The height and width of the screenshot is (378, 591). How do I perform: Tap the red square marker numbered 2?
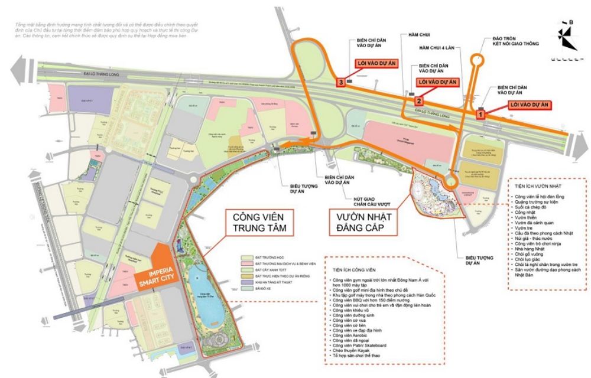(418, 101)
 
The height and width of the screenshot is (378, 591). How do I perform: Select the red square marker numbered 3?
(341, 82)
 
